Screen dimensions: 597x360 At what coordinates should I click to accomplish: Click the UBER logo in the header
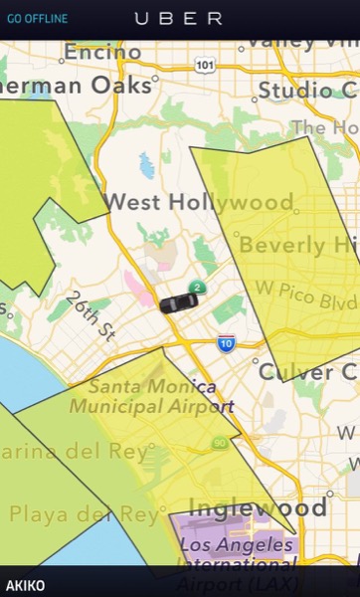[x=179, y=18]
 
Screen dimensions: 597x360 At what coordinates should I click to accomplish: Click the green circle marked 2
[x=197, y=288]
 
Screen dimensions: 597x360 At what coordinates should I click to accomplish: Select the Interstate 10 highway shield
[x=227, y=343]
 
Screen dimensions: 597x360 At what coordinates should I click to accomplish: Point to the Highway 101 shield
[x=205, y=65]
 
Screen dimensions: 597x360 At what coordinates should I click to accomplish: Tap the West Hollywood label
[x=199, y=202]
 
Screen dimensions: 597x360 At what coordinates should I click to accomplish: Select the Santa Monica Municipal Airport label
[x=159, y=396]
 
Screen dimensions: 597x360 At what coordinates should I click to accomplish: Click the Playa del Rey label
[x=84, y=513]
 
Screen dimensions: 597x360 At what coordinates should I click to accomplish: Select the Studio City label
[x=308, y=90]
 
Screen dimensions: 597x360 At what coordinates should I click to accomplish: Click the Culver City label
[x=308, y=371]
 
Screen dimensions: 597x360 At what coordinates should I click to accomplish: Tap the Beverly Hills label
[x=298, y=245]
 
